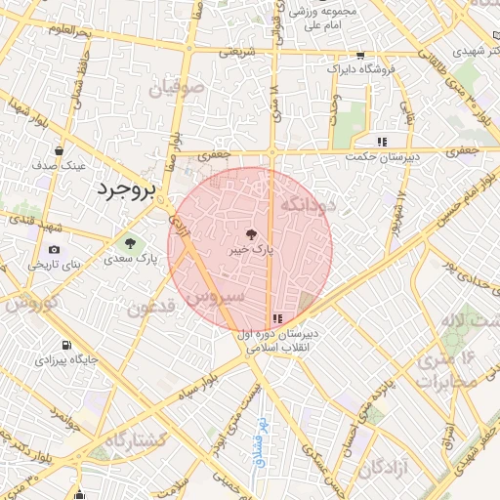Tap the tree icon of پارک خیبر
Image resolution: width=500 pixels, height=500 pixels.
tap(250, 234)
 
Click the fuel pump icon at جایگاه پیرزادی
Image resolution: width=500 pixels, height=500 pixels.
tap(65, 345)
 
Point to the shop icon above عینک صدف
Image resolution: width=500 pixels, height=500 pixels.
tap(60, 151)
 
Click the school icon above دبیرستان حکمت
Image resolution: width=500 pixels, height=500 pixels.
tap(396, 142)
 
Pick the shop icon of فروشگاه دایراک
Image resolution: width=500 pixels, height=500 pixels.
tap(360, 56)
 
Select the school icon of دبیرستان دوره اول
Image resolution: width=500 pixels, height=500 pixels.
tap(278, 318)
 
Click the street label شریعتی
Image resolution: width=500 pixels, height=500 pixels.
tap(235, 53)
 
